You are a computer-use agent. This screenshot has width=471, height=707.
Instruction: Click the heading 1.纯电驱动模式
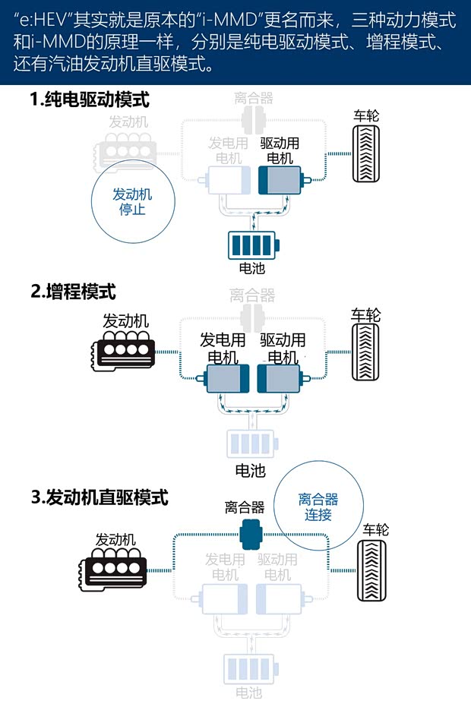tap(90, 99)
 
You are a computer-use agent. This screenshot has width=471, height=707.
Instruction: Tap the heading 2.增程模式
tap(73, 290)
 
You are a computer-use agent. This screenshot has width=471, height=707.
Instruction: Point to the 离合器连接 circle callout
tap(318, 507)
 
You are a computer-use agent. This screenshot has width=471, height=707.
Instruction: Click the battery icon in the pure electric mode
tap(254, 245)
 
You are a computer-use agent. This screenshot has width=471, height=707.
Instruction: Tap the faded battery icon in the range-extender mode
tap(251, 443)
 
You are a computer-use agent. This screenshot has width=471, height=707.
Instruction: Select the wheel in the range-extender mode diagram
tap(366, 352)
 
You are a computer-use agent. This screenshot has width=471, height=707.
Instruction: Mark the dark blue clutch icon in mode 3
tap(250, 534)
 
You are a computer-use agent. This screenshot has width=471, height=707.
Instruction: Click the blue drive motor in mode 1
tap(280, 182)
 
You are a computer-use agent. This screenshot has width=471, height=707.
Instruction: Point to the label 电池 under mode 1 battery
tap(251, 268)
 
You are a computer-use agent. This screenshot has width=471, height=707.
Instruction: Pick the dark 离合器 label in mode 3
tap(245, 507)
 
